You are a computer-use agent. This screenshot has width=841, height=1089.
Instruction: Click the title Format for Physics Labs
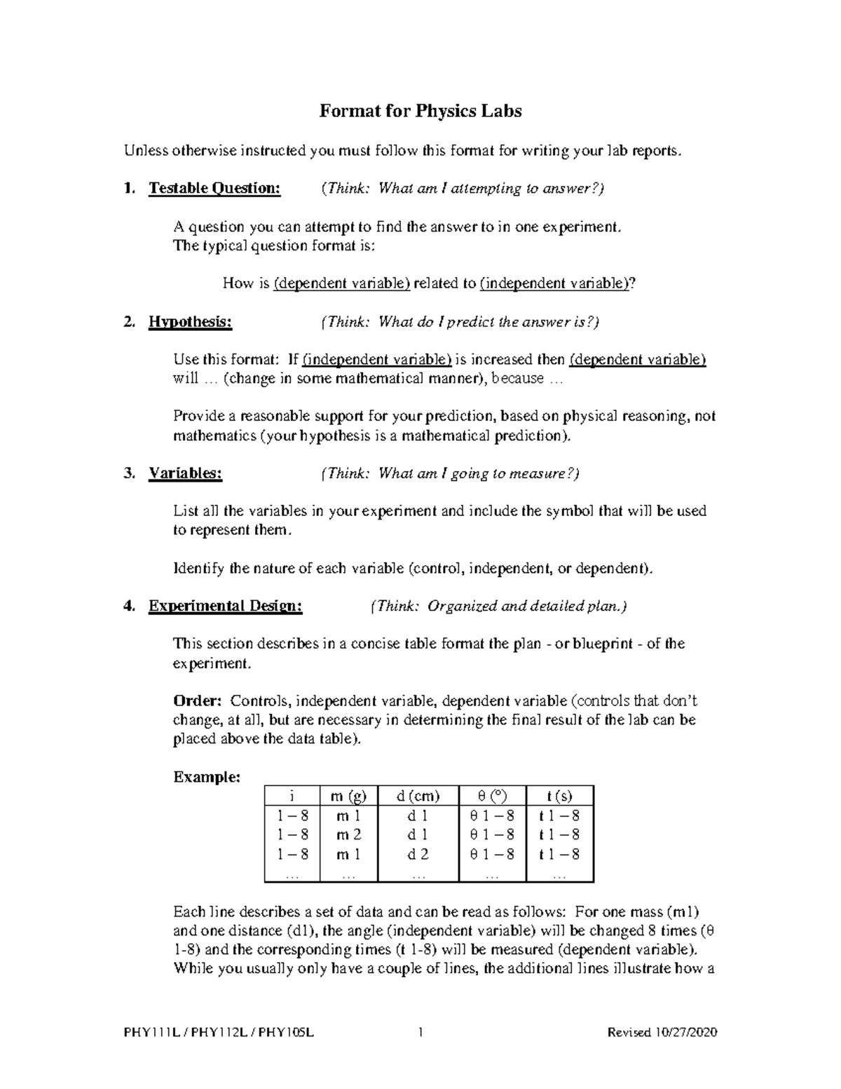click(420, 111)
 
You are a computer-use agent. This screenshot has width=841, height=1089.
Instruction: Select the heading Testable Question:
click(214, 188)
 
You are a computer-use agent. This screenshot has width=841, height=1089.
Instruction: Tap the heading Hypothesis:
click(189, 322)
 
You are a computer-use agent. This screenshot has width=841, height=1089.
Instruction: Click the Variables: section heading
click(185, 473)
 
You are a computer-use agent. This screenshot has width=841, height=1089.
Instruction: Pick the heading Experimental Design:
click(225, 606)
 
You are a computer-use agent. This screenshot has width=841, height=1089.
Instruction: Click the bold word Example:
click(207, 777)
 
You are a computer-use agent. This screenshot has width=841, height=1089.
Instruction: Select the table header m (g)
click(348, 796)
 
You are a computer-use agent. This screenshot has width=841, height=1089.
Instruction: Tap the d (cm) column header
click(418, 796)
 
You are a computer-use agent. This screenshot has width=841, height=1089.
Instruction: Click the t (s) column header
click(559, 796)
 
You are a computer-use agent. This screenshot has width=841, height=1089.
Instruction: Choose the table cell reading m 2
click(348, 834)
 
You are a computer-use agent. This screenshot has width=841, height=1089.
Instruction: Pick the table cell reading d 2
click(418, 854)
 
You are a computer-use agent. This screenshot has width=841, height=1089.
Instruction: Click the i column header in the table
click(292, 796)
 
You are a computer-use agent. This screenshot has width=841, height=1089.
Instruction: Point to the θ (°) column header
click(491, 796)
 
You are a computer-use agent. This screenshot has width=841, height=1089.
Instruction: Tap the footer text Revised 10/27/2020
click(662, 1032)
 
